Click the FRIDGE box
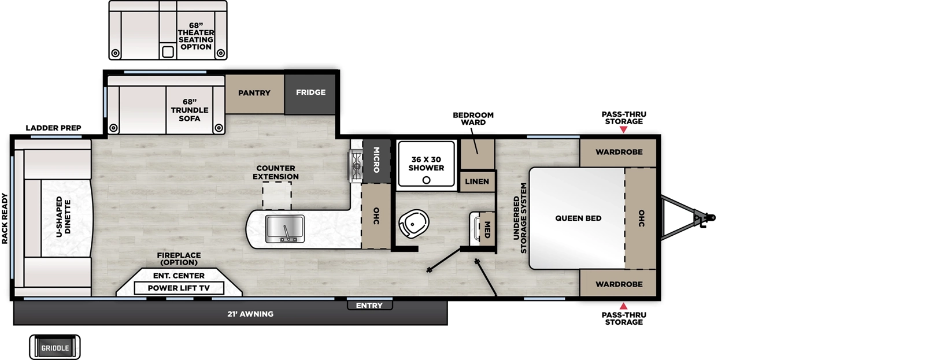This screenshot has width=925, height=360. pos(310,92)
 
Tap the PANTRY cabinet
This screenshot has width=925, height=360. pos(254,93)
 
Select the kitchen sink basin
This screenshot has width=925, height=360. pos(284,228)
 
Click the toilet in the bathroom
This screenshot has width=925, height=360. pos(413,223)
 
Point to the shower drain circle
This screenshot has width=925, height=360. pos(426,180)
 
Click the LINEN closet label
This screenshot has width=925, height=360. pos(477,181)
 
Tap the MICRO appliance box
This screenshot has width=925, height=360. pos(375,159)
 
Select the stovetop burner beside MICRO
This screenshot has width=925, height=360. pos(354,165)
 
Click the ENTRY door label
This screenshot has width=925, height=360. pos(369,306)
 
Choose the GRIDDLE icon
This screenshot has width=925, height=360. pos(55,348)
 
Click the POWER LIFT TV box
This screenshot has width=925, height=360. pos(178,288)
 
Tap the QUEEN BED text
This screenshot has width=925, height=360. pos(578,218)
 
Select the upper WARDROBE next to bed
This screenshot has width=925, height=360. pos(619,152)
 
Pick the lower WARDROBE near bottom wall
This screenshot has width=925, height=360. pos(619,284)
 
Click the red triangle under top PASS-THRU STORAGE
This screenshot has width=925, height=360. pos(623,130)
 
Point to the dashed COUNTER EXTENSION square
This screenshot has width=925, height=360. pos(277,195)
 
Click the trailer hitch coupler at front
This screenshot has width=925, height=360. pos(709,218)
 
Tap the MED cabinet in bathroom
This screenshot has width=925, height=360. pos(487,229)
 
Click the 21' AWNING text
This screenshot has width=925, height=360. pos(250,314)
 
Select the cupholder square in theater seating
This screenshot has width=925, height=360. pos(168,52)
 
